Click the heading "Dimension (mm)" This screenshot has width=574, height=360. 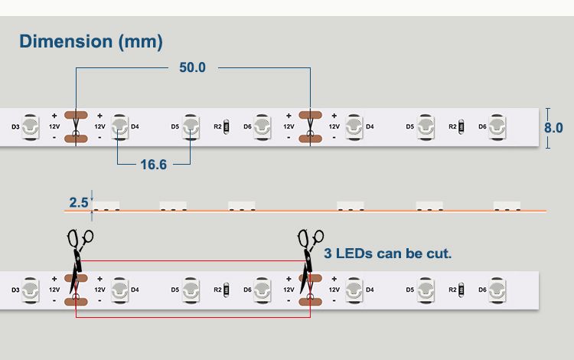point(91,41)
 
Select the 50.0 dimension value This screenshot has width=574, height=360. point(192,67)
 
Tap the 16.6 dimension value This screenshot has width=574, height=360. point(153,165)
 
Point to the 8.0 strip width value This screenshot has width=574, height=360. point(553,128)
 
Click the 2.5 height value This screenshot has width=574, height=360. point(78,202)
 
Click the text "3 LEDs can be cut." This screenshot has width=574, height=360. point(388,254)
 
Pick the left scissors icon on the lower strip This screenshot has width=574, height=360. point(79,260)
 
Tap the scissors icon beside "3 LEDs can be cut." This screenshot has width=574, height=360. point(309,260)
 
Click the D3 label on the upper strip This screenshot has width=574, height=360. point(15,126)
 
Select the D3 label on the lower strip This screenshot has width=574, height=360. point(15,290)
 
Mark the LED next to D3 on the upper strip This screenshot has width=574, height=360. point(31,126)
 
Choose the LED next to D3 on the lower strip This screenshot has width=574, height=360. point(31,290)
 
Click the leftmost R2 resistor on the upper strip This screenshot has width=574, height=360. point(227,126)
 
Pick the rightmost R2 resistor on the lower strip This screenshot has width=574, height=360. point(461,290)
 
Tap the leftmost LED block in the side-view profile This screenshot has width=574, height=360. point(106,206)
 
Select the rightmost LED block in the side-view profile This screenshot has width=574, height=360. point(507,206)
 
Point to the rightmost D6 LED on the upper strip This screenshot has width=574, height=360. point(497,126)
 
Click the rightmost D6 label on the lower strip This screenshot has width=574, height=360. point(482,290)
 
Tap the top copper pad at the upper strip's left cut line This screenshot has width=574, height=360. point(76,115)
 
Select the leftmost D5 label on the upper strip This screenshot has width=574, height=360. point(175,126)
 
